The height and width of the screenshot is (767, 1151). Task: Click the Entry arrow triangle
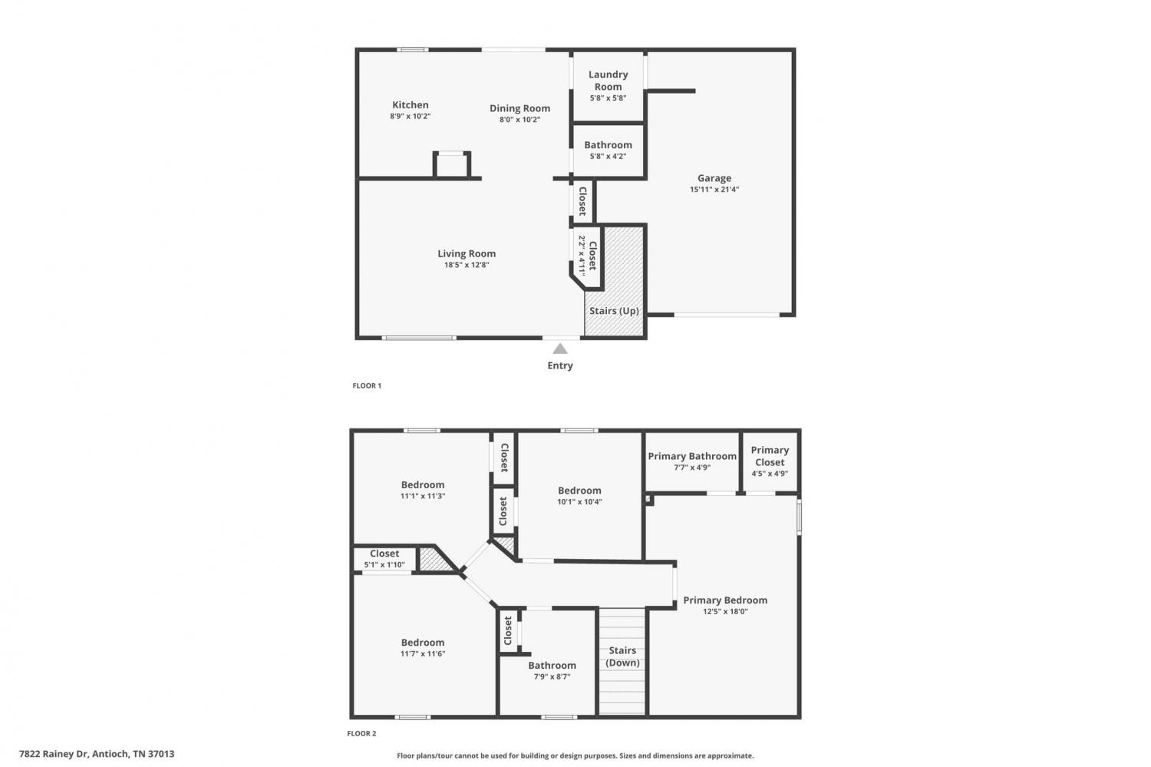pos(560,349)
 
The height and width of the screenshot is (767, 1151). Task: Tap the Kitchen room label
pos(410,105)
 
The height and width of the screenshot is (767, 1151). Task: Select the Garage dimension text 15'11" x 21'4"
pos(714,189)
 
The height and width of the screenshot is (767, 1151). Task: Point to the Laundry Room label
pos(608,81)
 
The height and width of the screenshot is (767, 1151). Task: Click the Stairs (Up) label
pos(614,311)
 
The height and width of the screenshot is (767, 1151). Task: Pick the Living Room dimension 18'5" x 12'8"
pos(467,265)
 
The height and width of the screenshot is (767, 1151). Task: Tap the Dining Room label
pos(520,108)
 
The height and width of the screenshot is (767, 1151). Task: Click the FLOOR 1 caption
pos(367,385)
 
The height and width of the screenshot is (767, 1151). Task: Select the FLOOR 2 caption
pos(361,733)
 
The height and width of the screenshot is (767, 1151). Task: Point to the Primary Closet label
pos(770,456)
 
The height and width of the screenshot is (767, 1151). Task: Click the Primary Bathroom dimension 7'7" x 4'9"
pos(692,468)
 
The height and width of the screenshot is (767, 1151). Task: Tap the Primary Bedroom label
pos(725,600)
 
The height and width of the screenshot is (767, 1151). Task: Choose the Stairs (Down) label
pos(622,656)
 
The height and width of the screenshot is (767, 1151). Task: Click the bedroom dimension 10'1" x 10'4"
pos(579,502)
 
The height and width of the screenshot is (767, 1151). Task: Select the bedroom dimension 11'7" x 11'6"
pos(423,654)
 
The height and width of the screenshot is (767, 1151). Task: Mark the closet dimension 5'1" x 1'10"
pos(384,565)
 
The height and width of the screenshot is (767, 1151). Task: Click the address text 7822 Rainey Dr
pos(54,754)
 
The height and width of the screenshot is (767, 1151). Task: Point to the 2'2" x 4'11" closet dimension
pos(582,256)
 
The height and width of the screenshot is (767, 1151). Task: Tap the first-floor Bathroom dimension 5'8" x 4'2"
pos(608,157)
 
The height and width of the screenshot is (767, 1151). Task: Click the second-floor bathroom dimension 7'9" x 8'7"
pos(552,677)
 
